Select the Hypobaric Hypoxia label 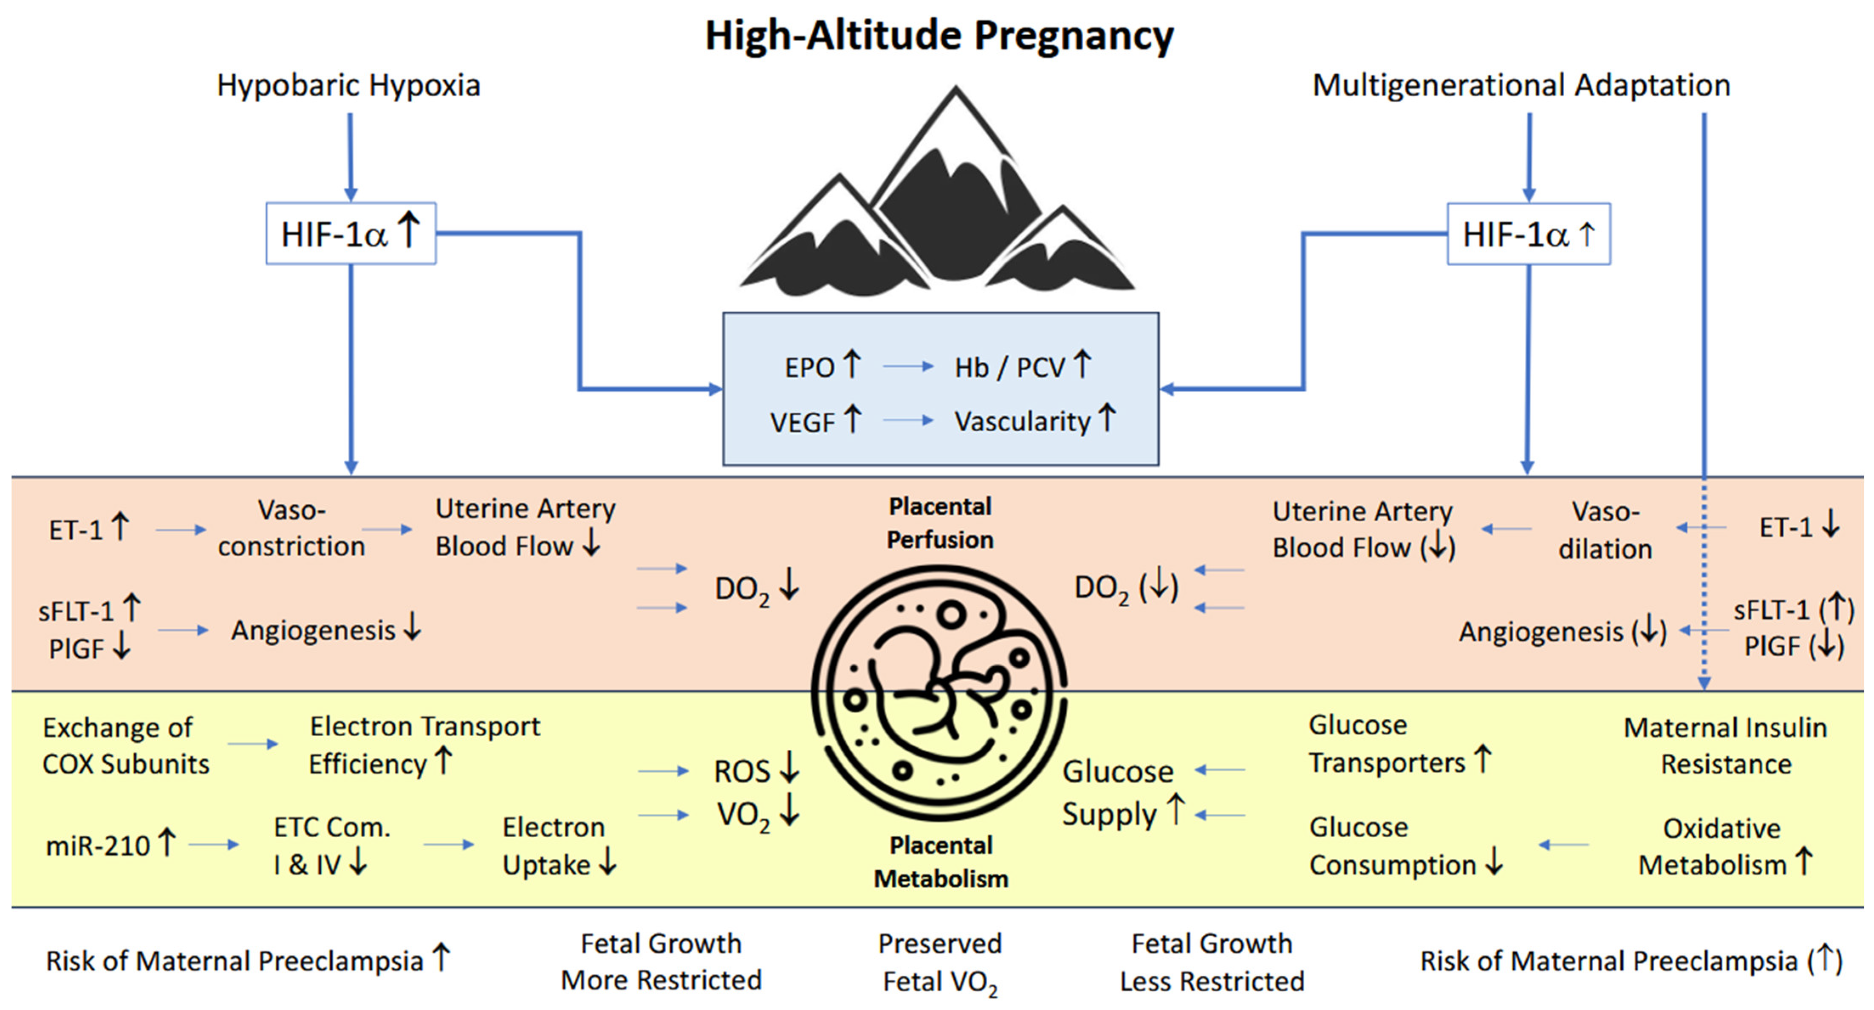coord(348,86)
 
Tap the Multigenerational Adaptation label coord(1521,86)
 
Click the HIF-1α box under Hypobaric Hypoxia coord(350,234)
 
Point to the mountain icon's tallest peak coord(955,98)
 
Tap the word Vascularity coord(1022,422)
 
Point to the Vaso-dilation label coord(1605,530)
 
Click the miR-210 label coord(97,846)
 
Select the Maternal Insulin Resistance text coord(1725,746)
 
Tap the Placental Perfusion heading coord(940,523)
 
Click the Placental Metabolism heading coord(941,862)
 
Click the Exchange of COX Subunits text coord(125,746)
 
